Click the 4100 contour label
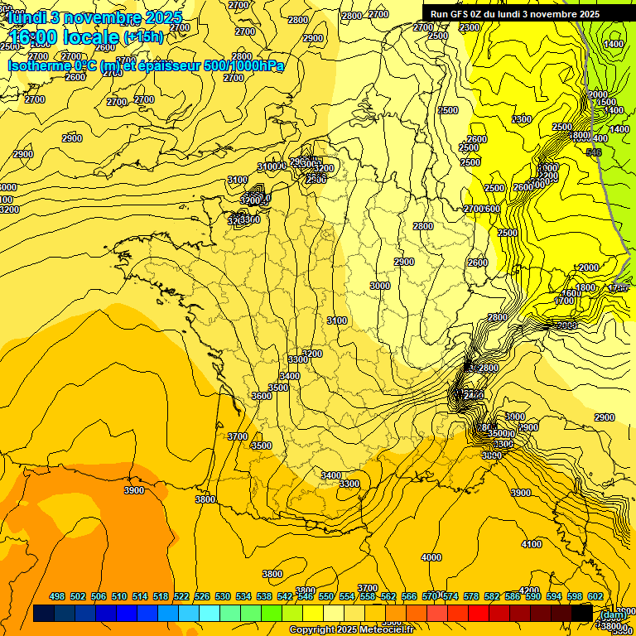tap(532, 544)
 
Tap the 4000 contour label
tap(431, 557)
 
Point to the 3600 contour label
tap(262, 396)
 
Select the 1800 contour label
tap(585, 287)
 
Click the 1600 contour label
tap(570, 293)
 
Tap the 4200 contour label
tap(529, 590)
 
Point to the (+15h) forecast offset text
tap(142, 36)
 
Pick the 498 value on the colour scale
tap(57, 596)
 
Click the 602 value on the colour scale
tap(595, 596)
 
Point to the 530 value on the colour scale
tap(223, 596)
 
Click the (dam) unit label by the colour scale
tap(613, 614)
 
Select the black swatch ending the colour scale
tap(581, 613)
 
